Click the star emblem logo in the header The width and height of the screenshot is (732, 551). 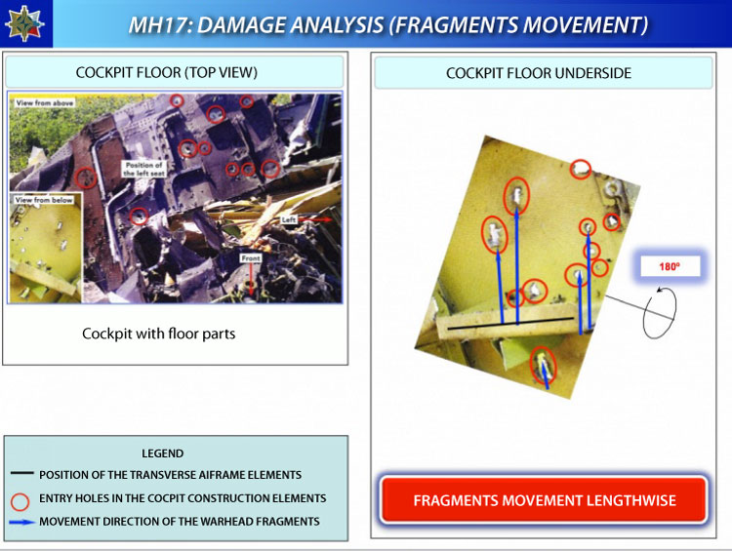pos(24,23)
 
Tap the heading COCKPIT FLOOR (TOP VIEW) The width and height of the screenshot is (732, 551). pos(167,72)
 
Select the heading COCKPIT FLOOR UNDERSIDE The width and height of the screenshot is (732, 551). pos(538,73)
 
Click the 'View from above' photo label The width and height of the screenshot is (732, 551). pos(44,102)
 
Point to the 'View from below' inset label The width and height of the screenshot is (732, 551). pos(44,200)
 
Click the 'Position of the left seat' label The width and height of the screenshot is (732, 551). pos(143,169)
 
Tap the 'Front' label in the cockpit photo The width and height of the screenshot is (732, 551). pos(251,258)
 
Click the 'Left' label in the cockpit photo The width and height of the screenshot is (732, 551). pos(289,219)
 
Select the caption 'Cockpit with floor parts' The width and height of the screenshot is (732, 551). pos(159,334)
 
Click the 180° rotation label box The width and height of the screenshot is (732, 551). pos(670,266)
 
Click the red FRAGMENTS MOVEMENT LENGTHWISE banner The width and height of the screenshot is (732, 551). pos(544,499)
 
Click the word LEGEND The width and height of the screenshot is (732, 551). pos(162,453)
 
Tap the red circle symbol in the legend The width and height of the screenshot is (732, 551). pos(20,501)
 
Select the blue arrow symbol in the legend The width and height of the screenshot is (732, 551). pos(21,522)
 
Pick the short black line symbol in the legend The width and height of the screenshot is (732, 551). pos(21,473)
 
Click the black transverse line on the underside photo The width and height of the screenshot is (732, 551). pos(510,324)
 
